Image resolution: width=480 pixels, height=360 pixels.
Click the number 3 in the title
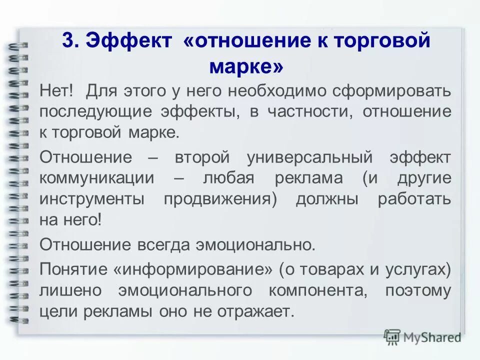(x=67, y=40)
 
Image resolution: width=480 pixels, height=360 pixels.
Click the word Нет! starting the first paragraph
(x=57, y=91)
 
